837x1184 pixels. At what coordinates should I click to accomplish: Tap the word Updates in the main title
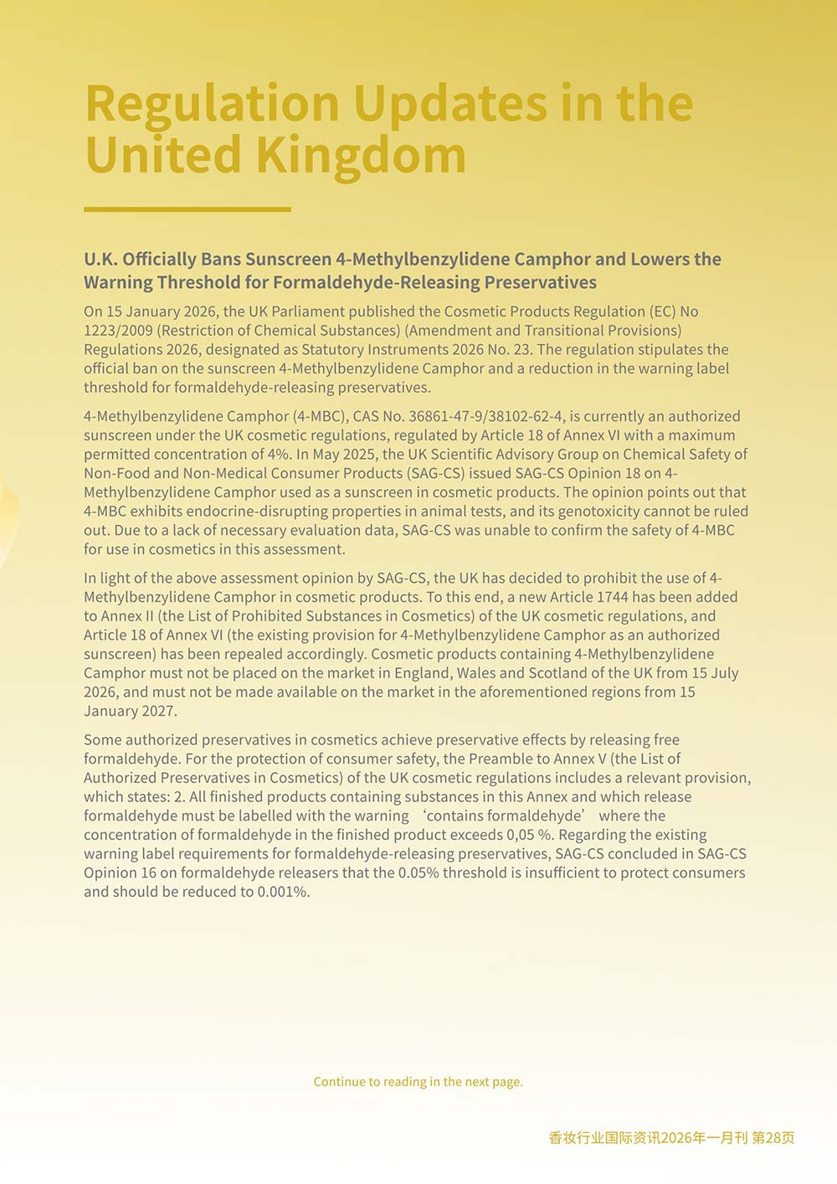pyautogui.click(x=450, y=104)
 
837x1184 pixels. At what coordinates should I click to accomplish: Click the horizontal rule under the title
pyautogui.click(x=187, y=209)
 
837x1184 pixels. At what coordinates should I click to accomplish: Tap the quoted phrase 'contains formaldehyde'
pyautogui.click(x=502, y=816)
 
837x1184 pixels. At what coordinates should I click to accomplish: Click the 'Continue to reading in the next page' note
pyautogui.click(x=418, y=1082)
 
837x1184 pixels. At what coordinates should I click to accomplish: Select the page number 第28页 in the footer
pyautogui.click(x=773, y=1138)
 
